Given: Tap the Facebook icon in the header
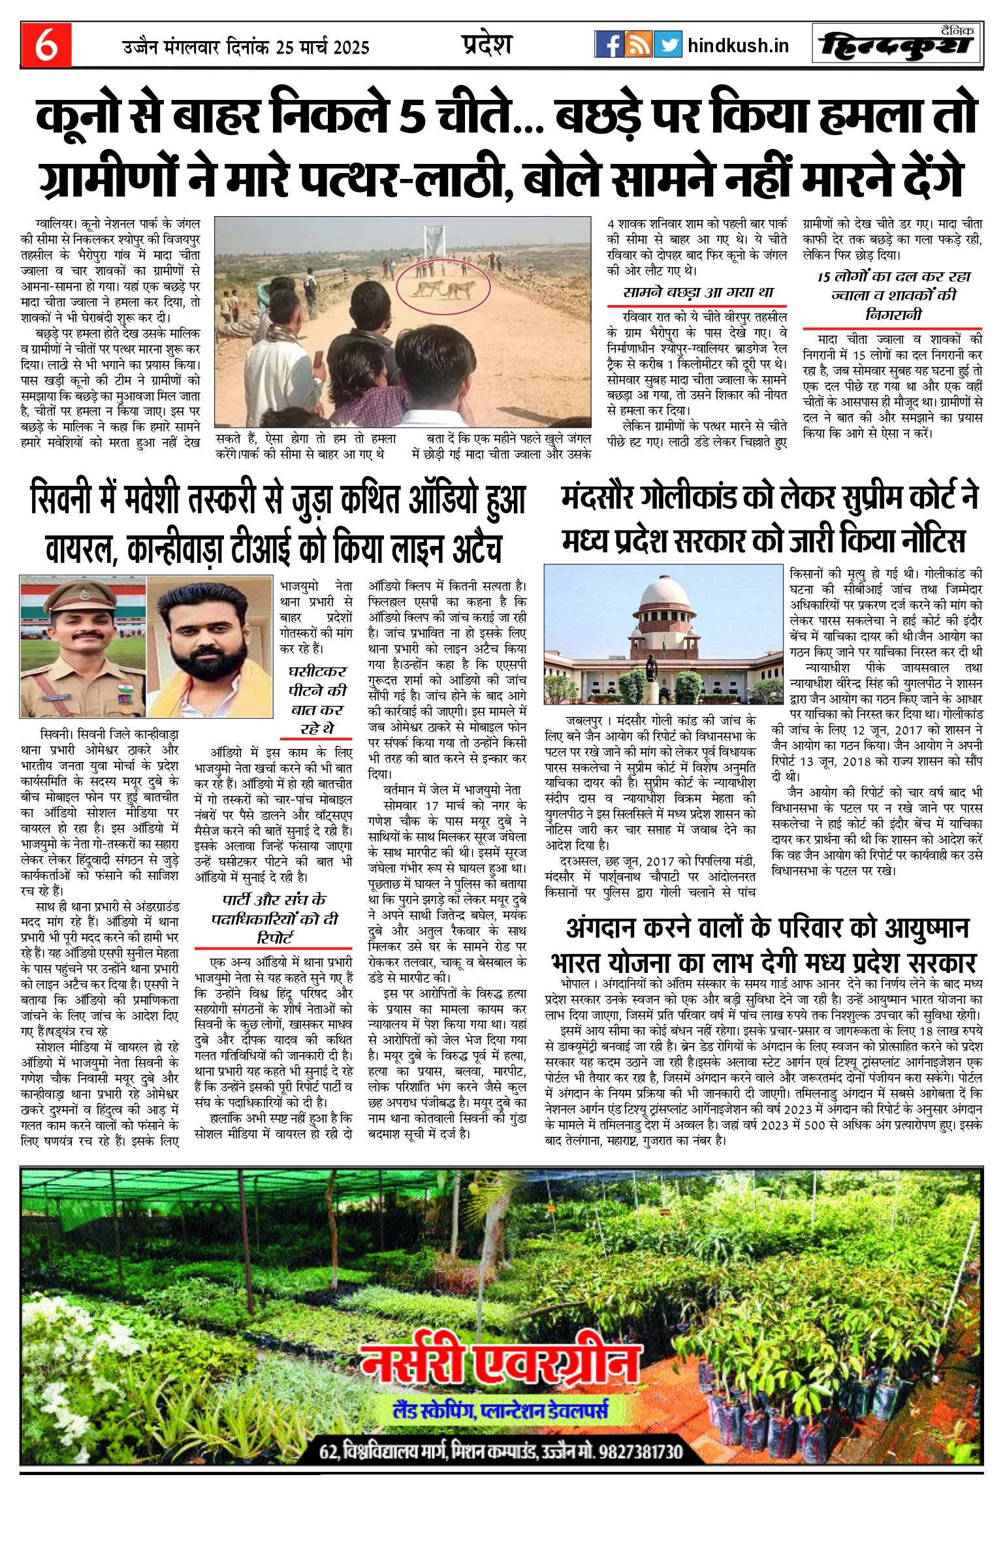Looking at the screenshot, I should coord(609,44).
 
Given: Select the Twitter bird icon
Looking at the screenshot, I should coord(667,44).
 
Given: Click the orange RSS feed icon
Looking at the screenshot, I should coord(639,44).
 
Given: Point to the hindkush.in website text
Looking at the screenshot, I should coord(738,46).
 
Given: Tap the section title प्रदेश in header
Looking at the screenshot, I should coord(486,44).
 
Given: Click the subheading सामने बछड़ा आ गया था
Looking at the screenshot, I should coord(698,292).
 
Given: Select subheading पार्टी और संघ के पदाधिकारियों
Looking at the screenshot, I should coord(274,918).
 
